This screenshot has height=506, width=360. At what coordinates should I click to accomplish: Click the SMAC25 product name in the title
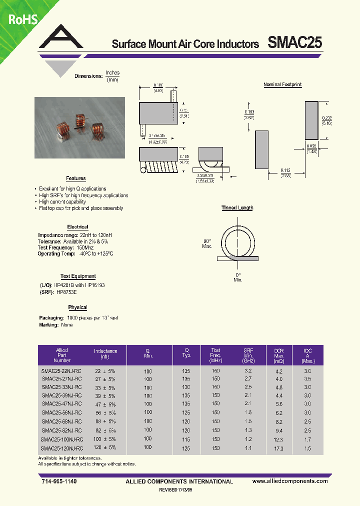coord(294,43)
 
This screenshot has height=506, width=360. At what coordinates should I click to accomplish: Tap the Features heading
coord(76,178)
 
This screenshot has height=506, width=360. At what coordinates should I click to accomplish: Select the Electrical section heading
coord(77,227)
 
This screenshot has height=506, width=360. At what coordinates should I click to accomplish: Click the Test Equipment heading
coord(78,276)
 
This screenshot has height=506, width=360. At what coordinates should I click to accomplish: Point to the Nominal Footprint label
coord(282,85)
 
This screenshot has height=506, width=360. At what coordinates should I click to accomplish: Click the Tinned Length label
coord(237,208)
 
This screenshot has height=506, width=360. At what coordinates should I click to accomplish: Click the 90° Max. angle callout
coord(207,243)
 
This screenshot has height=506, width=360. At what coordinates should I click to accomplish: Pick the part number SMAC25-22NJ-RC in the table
coord(62,371)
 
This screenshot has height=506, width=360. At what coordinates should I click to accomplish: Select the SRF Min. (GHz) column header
coord(248,355)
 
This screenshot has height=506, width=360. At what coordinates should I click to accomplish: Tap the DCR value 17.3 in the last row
coord(278,449)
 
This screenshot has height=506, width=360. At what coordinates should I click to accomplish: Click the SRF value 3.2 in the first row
coord(248,371)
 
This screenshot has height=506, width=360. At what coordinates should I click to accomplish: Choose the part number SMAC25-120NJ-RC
coord(62,448)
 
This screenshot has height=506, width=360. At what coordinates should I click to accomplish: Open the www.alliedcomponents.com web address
coord(290,481)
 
